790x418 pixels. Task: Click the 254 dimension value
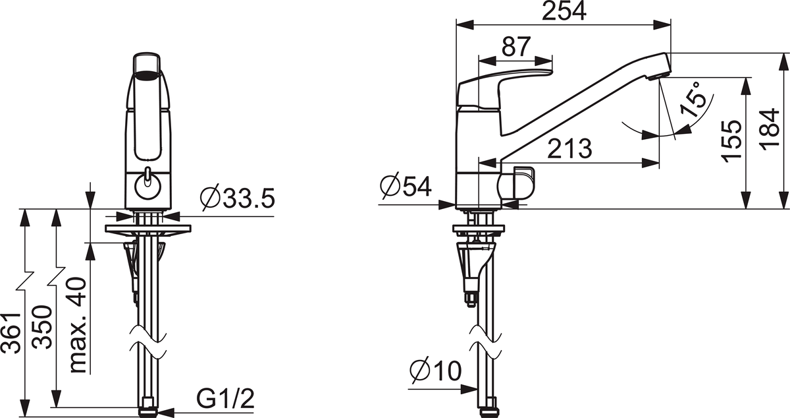[x=564, y=11]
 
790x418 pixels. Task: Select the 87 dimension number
[x=516, y=46]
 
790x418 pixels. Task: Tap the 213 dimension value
[x=569, y=148]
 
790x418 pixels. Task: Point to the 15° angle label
[x=693, y=99]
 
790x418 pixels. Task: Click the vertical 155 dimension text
[x=731, y=141]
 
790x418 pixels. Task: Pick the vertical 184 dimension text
[x=769, y=129]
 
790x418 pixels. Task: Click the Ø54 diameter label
[x=406, y=185]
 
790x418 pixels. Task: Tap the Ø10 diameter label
[x=436, y=371]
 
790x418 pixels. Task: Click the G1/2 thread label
[x=225, y=399]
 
